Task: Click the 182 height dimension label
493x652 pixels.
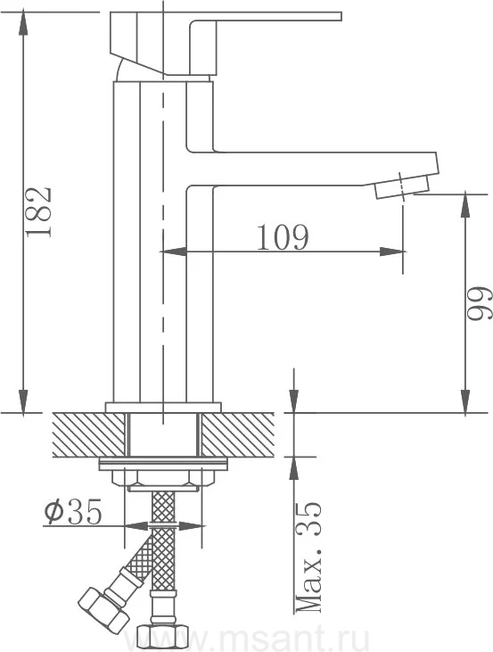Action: pos(38,212)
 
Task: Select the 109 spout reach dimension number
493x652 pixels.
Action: pos(283,237)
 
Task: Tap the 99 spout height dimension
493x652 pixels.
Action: pos(480,302)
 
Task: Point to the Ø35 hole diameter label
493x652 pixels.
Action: pos(73,511)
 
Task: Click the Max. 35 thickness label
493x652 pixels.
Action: pos(308,557)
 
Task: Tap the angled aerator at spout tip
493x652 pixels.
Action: pos(402,186)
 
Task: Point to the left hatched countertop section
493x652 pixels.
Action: pos(88,435)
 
